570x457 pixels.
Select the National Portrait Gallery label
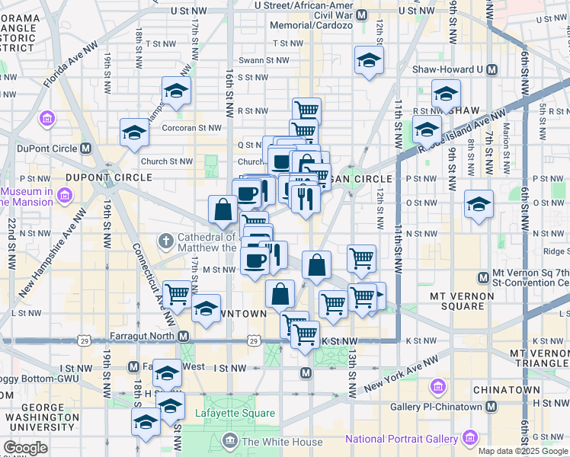401,439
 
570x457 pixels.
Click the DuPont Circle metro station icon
86,149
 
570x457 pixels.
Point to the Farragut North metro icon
184,336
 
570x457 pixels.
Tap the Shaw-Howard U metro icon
492,69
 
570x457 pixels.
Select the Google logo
26,448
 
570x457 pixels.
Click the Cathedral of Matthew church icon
166,242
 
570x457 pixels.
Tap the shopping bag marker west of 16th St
223,210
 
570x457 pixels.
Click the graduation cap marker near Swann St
369,60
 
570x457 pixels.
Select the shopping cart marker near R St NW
306,110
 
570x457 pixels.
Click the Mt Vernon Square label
457,301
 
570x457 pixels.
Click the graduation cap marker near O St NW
479,204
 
